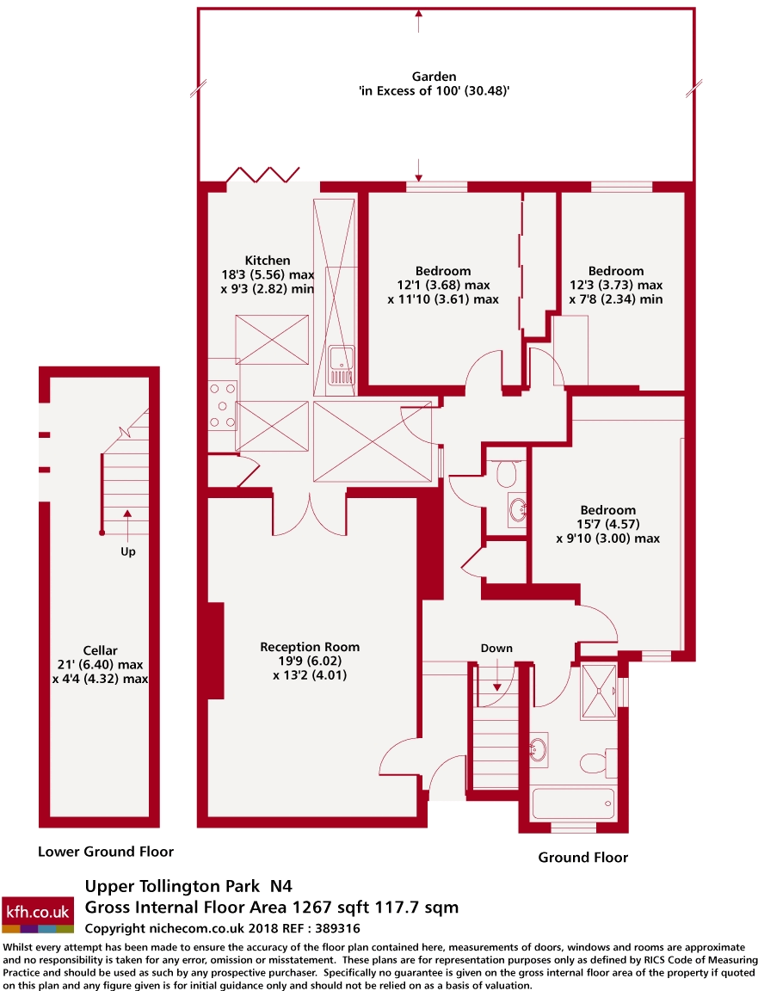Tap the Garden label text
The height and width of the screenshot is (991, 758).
point(434,77)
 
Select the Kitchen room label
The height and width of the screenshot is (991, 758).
point(267,261)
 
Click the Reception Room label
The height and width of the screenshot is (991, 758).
point(310,647)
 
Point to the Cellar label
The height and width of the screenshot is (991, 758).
point(100,650)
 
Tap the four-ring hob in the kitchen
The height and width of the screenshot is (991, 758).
point(222,404)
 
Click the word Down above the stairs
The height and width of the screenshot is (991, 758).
point(496,649)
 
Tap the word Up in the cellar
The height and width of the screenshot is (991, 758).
point(127,551)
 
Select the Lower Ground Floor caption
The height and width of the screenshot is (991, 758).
point(106,852)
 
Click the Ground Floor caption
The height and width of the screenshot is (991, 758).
point(582,857)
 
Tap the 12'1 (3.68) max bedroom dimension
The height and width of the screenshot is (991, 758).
point(442,285)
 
